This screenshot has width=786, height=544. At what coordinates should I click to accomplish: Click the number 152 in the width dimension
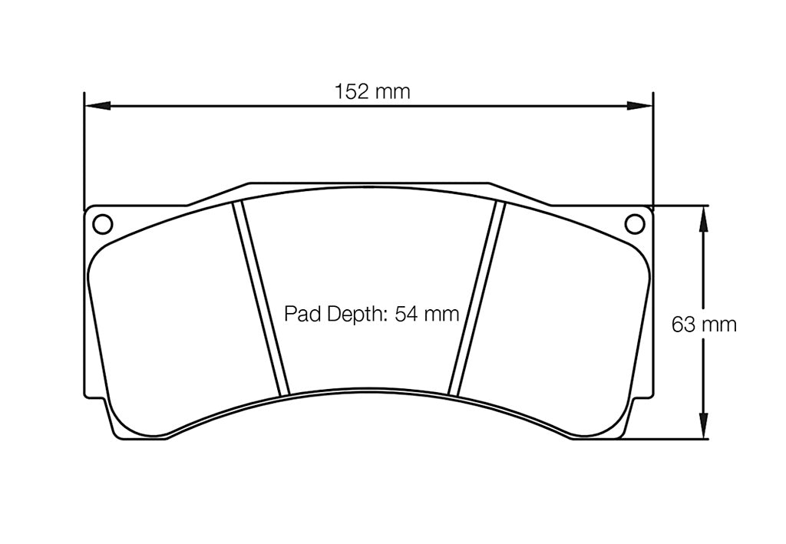[350, 92]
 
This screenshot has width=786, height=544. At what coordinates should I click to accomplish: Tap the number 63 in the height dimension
[683, 325]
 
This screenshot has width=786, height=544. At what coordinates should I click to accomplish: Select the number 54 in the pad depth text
[405, 314]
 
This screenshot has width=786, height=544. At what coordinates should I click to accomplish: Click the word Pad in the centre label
[301, 314]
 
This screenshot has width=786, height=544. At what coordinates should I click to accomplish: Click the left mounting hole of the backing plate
[101, 223]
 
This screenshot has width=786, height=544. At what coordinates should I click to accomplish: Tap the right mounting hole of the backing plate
[635, 223]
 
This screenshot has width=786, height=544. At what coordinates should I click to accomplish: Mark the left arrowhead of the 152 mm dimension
[97, 105]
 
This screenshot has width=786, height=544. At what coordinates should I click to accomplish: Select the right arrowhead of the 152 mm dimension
[640, 105]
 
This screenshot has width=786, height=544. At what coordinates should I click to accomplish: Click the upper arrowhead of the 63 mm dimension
[702, 218]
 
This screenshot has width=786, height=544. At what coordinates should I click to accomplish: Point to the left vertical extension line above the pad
[83, 153]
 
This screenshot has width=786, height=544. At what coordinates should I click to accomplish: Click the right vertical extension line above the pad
[653, 153]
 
